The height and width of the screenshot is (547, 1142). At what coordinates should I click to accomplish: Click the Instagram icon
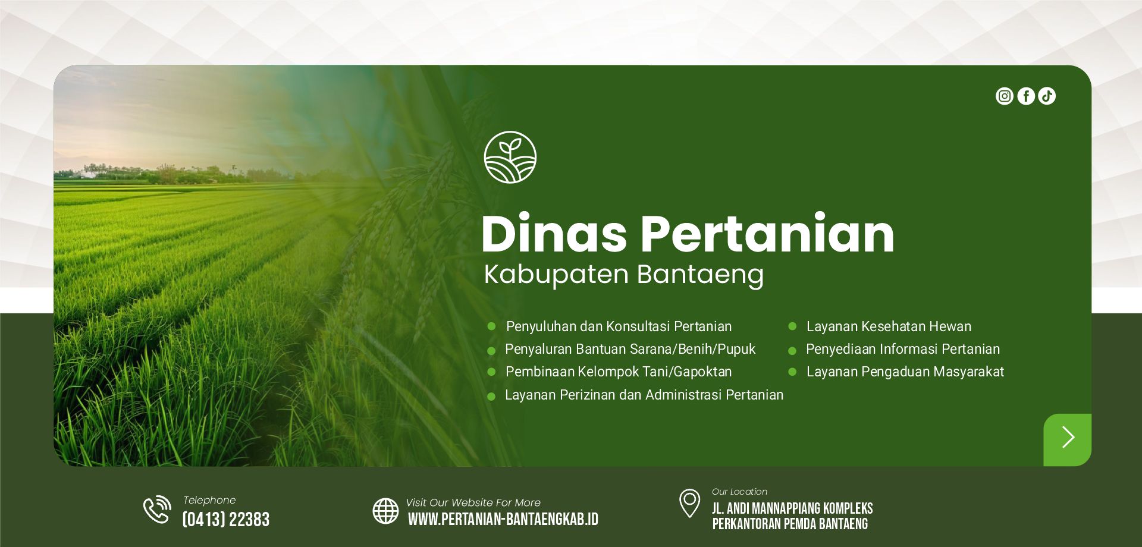(1005, 96)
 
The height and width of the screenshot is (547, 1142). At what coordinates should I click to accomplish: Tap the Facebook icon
(1026, 96)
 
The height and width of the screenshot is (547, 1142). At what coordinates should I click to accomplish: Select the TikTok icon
(1047, 96)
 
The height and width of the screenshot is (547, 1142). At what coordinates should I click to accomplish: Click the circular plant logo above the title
(510, 157)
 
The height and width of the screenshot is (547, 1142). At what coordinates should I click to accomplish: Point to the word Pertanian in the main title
(767, 234)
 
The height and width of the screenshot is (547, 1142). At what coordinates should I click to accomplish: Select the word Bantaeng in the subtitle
(701, 275)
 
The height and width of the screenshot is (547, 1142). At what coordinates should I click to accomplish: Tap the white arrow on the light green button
(1069, 437)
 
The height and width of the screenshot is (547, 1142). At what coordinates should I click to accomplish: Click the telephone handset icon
(157, 510)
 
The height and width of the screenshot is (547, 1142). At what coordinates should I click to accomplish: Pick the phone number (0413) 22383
(226, 520)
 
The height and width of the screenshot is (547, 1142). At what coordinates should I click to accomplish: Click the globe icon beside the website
(385, 511)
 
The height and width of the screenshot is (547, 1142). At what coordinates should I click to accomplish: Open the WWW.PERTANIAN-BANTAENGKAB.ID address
(503, 520)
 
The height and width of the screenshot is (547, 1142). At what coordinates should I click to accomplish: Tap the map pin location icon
(689, 503)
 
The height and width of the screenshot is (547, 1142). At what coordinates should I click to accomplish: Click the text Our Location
(739, 492)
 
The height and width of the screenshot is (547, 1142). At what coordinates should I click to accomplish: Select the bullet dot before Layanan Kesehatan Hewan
(792, 326)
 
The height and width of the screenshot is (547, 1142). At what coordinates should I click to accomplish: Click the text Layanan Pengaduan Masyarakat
(905, 372)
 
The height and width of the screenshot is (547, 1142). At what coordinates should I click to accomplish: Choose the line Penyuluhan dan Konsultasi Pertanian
(619, 326)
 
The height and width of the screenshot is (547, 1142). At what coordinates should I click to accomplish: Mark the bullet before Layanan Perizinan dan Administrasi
(491, 397)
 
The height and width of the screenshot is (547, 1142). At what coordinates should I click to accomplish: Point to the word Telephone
(209, 500)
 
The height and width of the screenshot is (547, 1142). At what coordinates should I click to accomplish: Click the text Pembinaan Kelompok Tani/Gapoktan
(619, 372)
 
